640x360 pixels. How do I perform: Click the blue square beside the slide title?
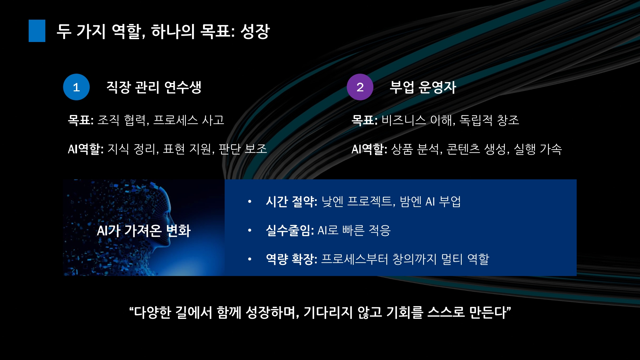37,31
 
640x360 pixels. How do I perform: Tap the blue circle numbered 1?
76,87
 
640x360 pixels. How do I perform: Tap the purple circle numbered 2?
360,87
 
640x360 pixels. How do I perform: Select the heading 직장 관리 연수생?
154,87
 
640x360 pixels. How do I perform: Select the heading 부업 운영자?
423,87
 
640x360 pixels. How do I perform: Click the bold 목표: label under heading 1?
81,120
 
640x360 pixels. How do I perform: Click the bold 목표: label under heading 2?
365,120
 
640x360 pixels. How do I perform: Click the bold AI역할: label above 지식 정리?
86,149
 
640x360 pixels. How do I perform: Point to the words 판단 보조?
243,149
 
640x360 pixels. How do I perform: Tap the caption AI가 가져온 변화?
144,231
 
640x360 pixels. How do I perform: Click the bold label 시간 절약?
292,202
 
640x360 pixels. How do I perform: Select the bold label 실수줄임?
290,230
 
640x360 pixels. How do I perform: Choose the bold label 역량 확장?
292,259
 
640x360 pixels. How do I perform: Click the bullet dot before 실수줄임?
250,230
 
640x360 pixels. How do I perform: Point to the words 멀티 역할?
465,259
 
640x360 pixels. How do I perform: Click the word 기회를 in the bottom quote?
405,312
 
